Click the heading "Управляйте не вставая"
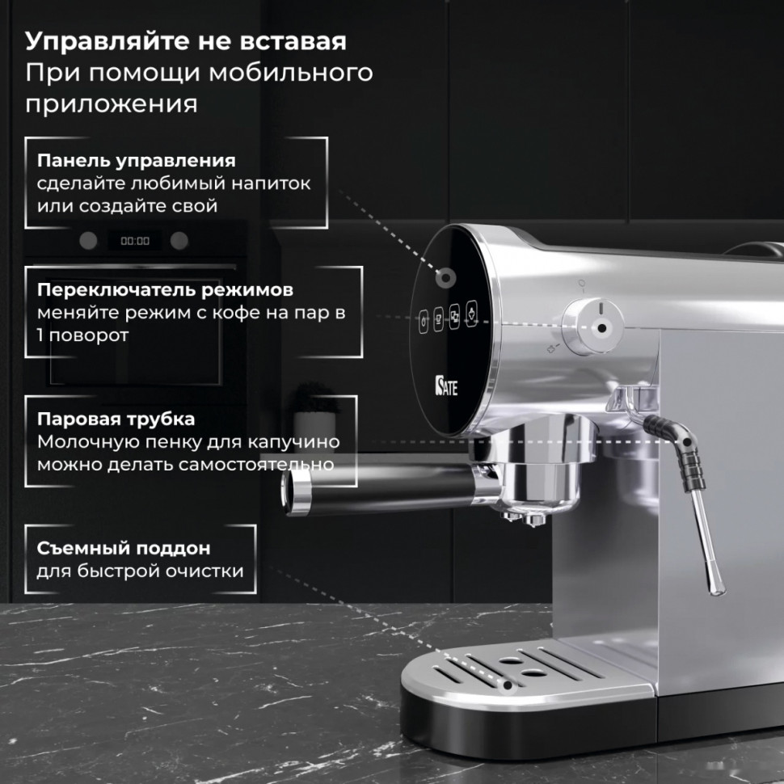point(186,40)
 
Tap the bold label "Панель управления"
point(136,160)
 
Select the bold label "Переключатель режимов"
point(164,289)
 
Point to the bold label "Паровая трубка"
point(116,419)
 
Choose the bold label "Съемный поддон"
point(123,548)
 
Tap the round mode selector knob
point(597,327)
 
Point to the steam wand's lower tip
point(714,588)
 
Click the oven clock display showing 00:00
point(135,241)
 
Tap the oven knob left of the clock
point(88,240)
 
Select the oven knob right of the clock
point(179,240)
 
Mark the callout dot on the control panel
point(444,277)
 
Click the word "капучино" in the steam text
point(300,442)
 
